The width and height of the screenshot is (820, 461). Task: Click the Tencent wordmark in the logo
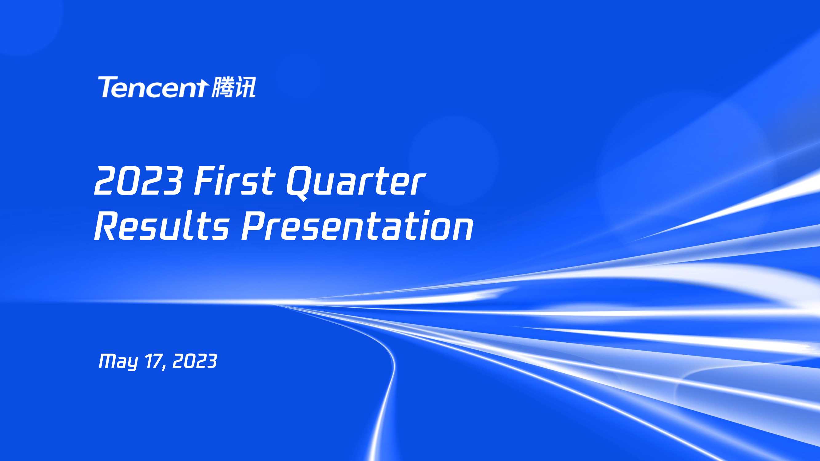click(x=153, y=87)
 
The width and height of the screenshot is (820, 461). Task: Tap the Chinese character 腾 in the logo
click(x=222, y=87)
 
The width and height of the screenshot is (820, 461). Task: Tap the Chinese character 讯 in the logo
click(x=245, y=87)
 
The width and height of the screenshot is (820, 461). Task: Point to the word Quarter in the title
click(x=356, y=182)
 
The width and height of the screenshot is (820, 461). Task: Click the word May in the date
click(x=118, y=362)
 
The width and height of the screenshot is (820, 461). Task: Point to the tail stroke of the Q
click(x=302, y=197)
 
